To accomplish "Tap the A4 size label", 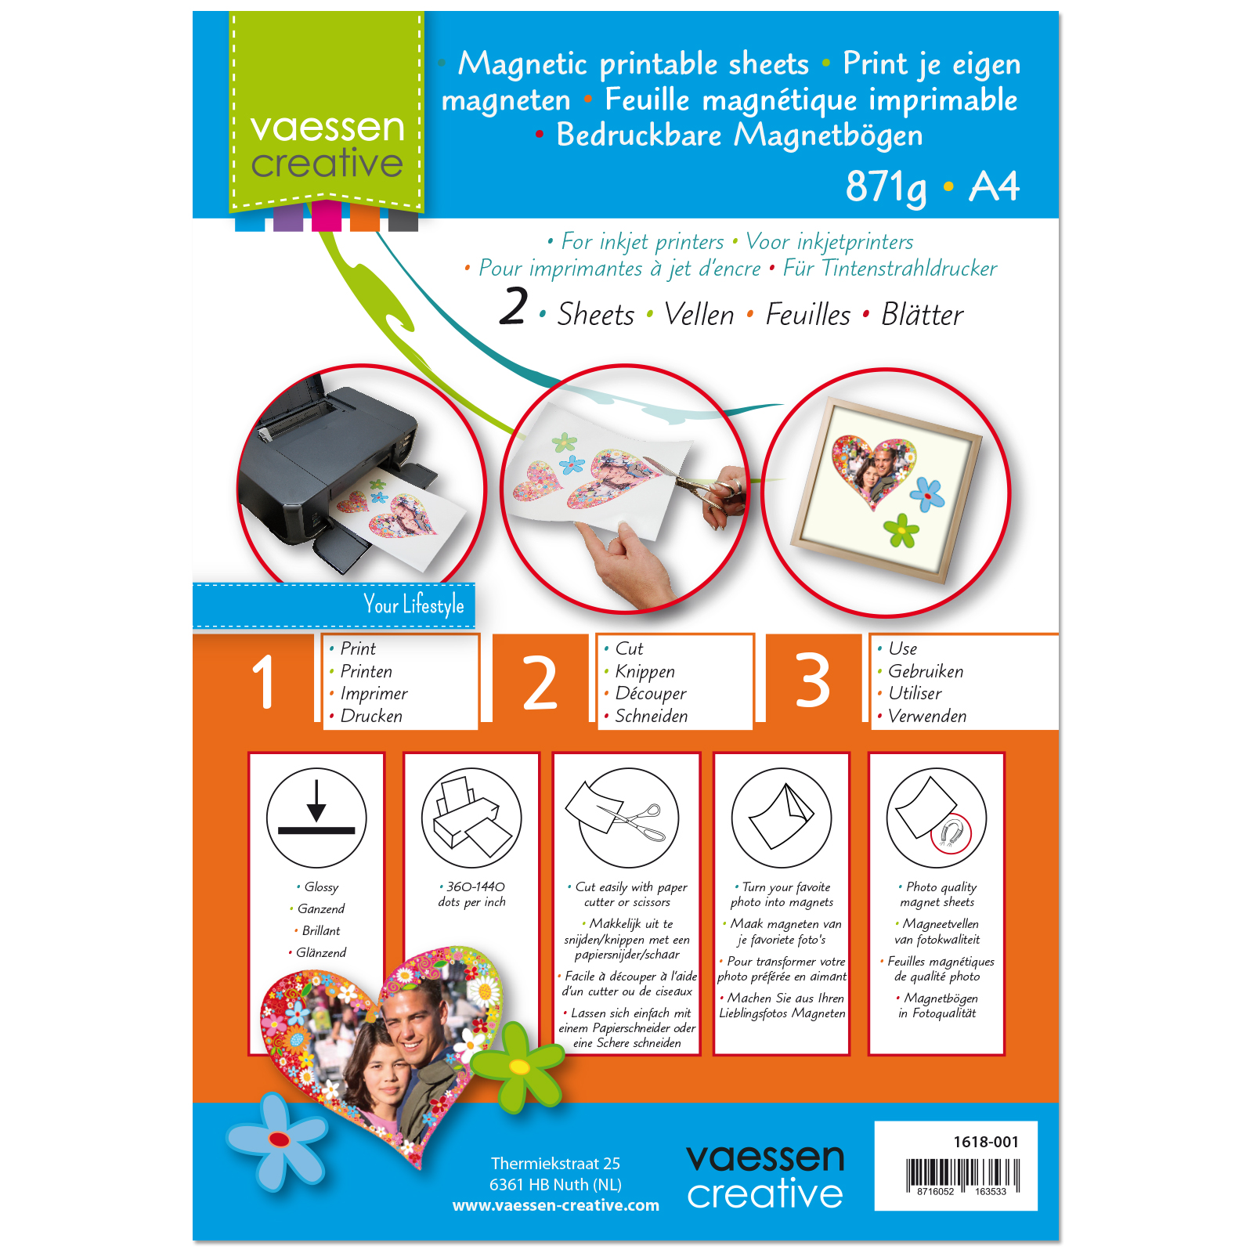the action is coord(994,186).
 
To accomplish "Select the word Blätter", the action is coord(922,314).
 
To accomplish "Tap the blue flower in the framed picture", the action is coord(927,494).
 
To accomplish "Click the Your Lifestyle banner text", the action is coord(413,605).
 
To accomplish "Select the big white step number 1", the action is coord(264,681).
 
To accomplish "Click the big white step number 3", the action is coord(813,681).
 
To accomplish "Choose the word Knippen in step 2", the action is coord(645,671).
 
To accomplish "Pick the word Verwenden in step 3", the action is coord(927,716).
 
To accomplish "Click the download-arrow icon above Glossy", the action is coord(316,818).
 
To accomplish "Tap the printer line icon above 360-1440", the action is coord(471,818).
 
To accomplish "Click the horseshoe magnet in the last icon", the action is coord(951,833).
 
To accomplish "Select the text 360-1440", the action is coord(475,886).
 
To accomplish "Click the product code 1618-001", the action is coord(986,1142).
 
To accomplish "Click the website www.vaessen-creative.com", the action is coord(556,1205).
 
